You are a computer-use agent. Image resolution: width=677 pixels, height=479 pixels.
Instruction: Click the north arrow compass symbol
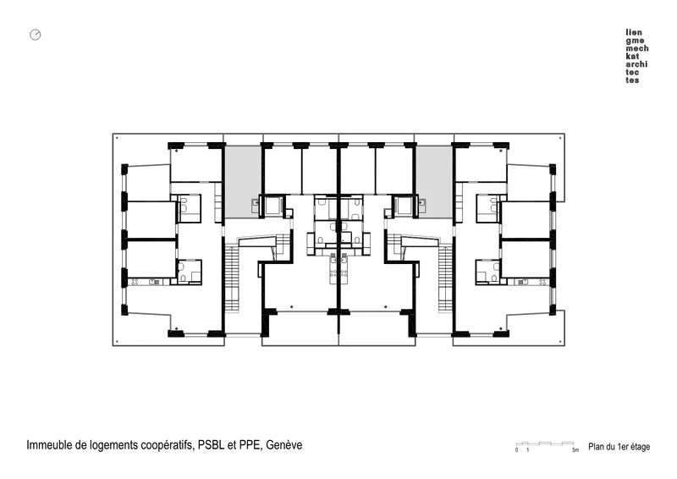36,35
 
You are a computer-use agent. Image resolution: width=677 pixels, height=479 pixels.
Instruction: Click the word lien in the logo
634,32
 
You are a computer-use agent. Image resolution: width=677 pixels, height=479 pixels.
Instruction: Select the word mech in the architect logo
637,48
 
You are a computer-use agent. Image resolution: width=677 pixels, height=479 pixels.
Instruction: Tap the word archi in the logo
637,64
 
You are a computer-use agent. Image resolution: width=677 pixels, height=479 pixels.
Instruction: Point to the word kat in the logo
632,56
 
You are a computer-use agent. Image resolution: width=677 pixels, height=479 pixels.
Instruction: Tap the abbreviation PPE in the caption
250,445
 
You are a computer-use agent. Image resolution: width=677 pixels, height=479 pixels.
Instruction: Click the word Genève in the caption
284,445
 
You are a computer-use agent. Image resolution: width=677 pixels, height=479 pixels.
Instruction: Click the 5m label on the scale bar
575,450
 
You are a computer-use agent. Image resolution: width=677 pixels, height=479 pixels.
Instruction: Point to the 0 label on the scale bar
516,450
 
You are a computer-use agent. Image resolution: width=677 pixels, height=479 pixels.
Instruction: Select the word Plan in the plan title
597,447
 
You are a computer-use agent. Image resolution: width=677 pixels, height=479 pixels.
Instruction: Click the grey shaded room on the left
242,182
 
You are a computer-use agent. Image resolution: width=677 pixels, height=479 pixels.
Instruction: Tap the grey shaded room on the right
434,182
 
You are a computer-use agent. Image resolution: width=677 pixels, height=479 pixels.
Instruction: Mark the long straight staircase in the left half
232,278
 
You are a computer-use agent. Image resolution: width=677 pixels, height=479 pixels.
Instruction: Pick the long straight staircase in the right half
445,278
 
